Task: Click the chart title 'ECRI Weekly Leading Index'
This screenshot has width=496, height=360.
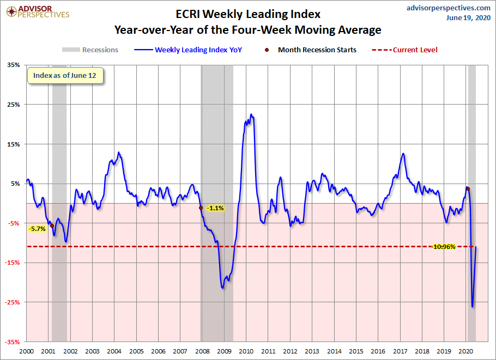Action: coord(248,14)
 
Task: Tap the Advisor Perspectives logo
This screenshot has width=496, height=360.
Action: coord(38,12)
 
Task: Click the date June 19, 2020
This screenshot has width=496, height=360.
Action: coord(468,17)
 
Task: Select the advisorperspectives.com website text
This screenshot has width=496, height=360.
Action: coord(448,8)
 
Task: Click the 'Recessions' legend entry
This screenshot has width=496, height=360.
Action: coord(90,50)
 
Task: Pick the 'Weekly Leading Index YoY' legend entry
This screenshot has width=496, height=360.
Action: coord(188,50)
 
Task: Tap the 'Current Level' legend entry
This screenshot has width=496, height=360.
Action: coord(404,50)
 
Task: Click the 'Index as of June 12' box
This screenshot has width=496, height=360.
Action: coord(65,76)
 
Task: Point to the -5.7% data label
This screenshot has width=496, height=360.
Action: coord(37,229)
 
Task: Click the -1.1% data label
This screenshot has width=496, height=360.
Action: coord(215,208)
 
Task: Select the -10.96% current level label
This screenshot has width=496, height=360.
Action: coord(444,247)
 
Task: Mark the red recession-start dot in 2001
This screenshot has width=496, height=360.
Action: coord(52,225)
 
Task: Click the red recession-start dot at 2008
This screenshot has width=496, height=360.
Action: coord(201,208)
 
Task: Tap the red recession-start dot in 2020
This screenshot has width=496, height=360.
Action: coord(468,188)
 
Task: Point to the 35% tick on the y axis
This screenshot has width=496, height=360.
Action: coord(14,65)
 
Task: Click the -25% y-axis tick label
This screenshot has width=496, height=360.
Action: coord(12,302)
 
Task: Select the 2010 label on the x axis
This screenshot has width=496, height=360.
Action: coord(246,351)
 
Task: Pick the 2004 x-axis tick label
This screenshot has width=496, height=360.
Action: coord(114,351)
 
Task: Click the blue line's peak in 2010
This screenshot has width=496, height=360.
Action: coord(251,114)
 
